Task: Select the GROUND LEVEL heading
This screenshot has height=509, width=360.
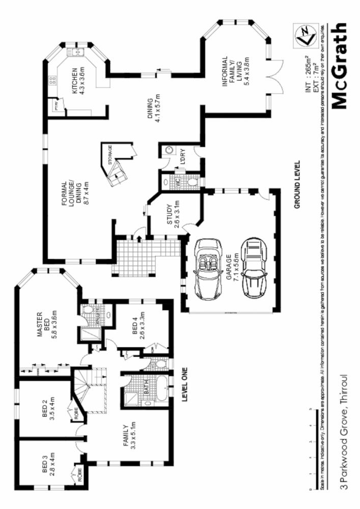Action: (x=297, y=184)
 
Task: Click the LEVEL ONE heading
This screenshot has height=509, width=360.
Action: (x=184, y=385)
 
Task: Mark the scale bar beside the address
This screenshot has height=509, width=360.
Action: (x=310, y=448)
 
